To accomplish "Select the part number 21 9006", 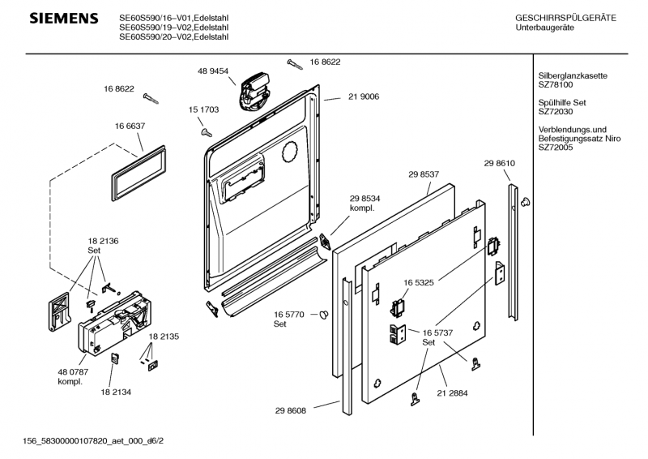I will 364,97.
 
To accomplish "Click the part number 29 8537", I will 424,174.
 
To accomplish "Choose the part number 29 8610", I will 500,165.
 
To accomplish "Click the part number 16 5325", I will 420,283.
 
